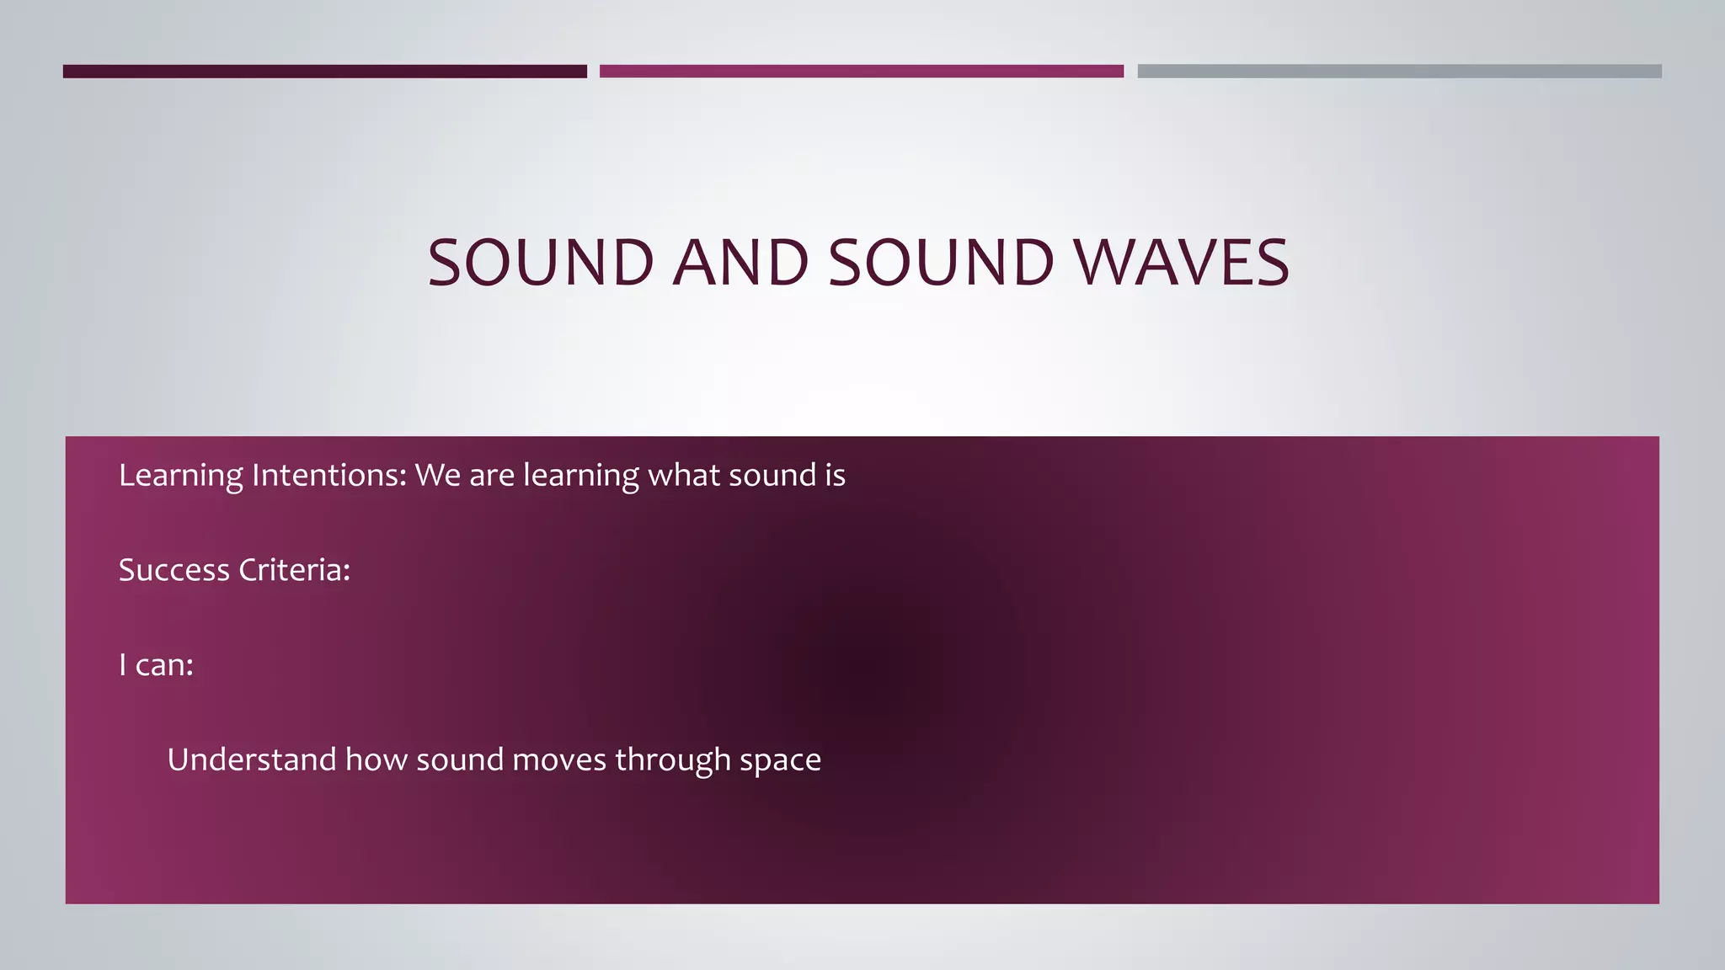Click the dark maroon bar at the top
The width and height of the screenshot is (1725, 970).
pyautogui.click(x=324, y=72)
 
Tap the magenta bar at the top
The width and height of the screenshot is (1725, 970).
pyautogui.click(x=861, y=72)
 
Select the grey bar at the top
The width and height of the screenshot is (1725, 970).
pyautogui.click(x=1399, y=72)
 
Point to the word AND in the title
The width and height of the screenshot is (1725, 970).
pyautogui.click(x=741, y=263)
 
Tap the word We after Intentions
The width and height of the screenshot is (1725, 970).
pyautogui.click(x=437, y=476)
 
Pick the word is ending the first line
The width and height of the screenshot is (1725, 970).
pyautogui.click(x=835, y=476)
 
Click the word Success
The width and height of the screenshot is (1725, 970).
pyautogui.click(x=174, y=571)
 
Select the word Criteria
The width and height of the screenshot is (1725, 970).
pyautogui.click(x=294, y=571)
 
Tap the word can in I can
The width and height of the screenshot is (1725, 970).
pyautogui.click(x=164, y=666)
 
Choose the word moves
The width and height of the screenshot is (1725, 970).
pyautogui.click(x=558, y=760)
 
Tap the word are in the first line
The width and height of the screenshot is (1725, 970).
pyautogui.click(x=491, y=477)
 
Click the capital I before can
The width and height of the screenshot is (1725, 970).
pyautogui.click(x=123, y=665)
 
